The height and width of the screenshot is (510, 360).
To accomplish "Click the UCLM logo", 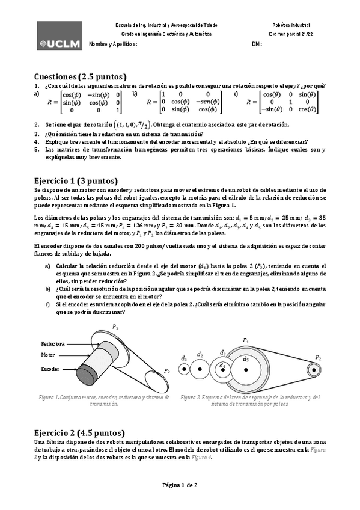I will click(59, 35).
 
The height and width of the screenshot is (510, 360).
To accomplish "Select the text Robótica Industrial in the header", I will click(291, 26).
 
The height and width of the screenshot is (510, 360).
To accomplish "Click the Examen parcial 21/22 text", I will click(291, 35).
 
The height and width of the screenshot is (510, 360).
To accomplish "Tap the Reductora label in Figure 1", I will click(53, 343).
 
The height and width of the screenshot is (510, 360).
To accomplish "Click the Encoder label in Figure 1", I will click(50, 368).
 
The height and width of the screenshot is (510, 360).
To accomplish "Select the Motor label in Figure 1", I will click(48, 355).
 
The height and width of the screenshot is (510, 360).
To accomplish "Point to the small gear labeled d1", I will click(185, 369).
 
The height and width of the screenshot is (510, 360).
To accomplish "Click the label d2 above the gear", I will click(200, 354).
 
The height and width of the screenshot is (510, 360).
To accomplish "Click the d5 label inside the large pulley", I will click(246, 359).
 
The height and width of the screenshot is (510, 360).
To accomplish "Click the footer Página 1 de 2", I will click(180, 485).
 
